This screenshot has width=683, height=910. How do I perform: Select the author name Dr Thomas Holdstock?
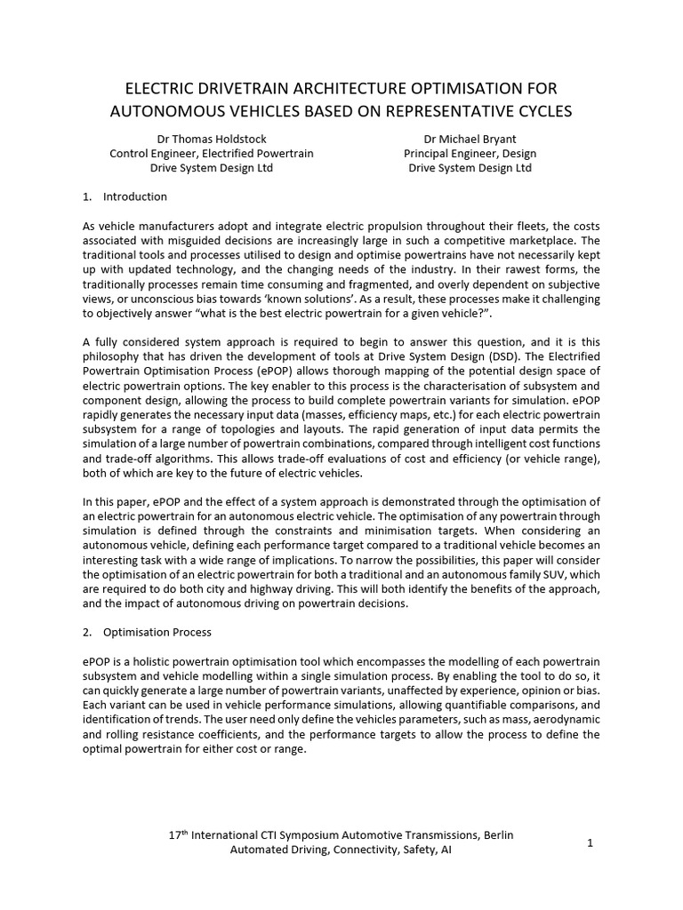tap(211, 139)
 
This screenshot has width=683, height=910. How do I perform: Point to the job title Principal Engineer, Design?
tap(470, 153)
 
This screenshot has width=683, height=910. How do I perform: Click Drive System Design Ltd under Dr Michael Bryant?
tap(470, 168)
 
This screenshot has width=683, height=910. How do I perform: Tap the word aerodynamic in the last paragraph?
tap(566, 721)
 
